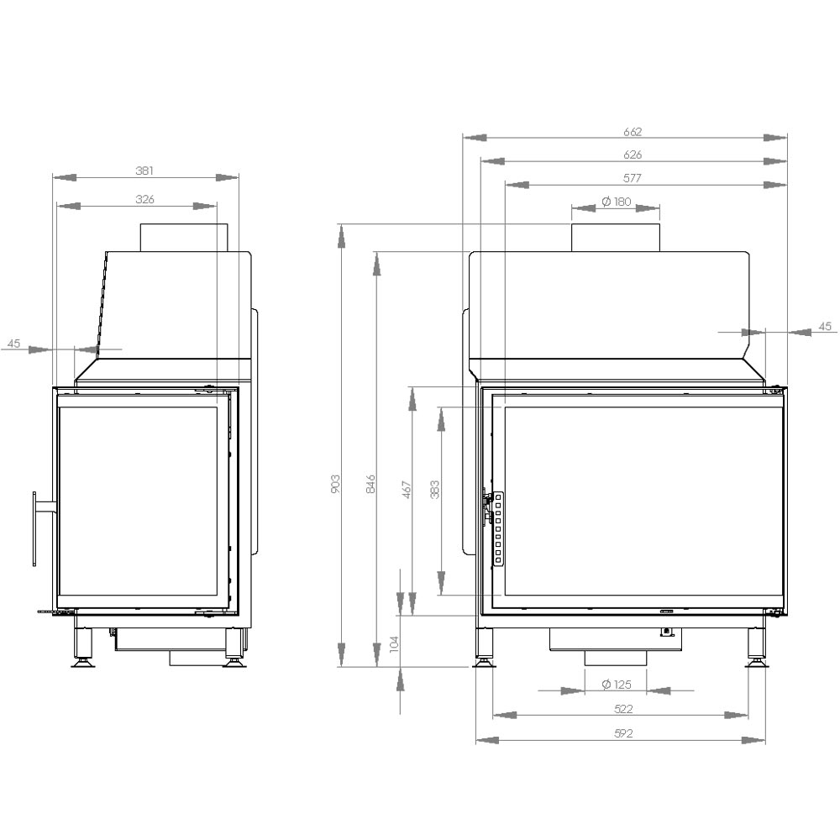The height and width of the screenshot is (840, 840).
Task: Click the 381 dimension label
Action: click(144, 171)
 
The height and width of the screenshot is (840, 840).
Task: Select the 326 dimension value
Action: click(144, 199)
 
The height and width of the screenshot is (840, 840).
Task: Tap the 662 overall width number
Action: click(633, 131)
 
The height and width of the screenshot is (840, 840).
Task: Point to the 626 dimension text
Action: click(633, 155)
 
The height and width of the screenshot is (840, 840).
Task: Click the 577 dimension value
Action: click(633, 178)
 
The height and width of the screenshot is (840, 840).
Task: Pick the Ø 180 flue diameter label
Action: click(616, 202)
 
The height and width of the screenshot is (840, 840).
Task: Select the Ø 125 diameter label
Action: click(616, 685)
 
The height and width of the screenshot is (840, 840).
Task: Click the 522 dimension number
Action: click(622, 709)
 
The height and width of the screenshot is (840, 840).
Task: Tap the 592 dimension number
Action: click(622, 733)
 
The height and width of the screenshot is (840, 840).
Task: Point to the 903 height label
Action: click(335, 483)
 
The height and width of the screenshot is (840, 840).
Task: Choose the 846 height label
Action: click(370, 483)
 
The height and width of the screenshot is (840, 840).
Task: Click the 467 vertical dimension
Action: click(407, 490)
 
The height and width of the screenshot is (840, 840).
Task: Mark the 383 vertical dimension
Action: click(434, 490)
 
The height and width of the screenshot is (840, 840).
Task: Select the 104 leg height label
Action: click(395, 644)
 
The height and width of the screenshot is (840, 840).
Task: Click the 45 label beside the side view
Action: click(13, 343)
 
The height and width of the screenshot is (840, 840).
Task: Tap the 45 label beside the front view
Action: click(824, 326)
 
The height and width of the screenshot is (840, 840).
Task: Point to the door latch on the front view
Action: click(486, 508)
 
